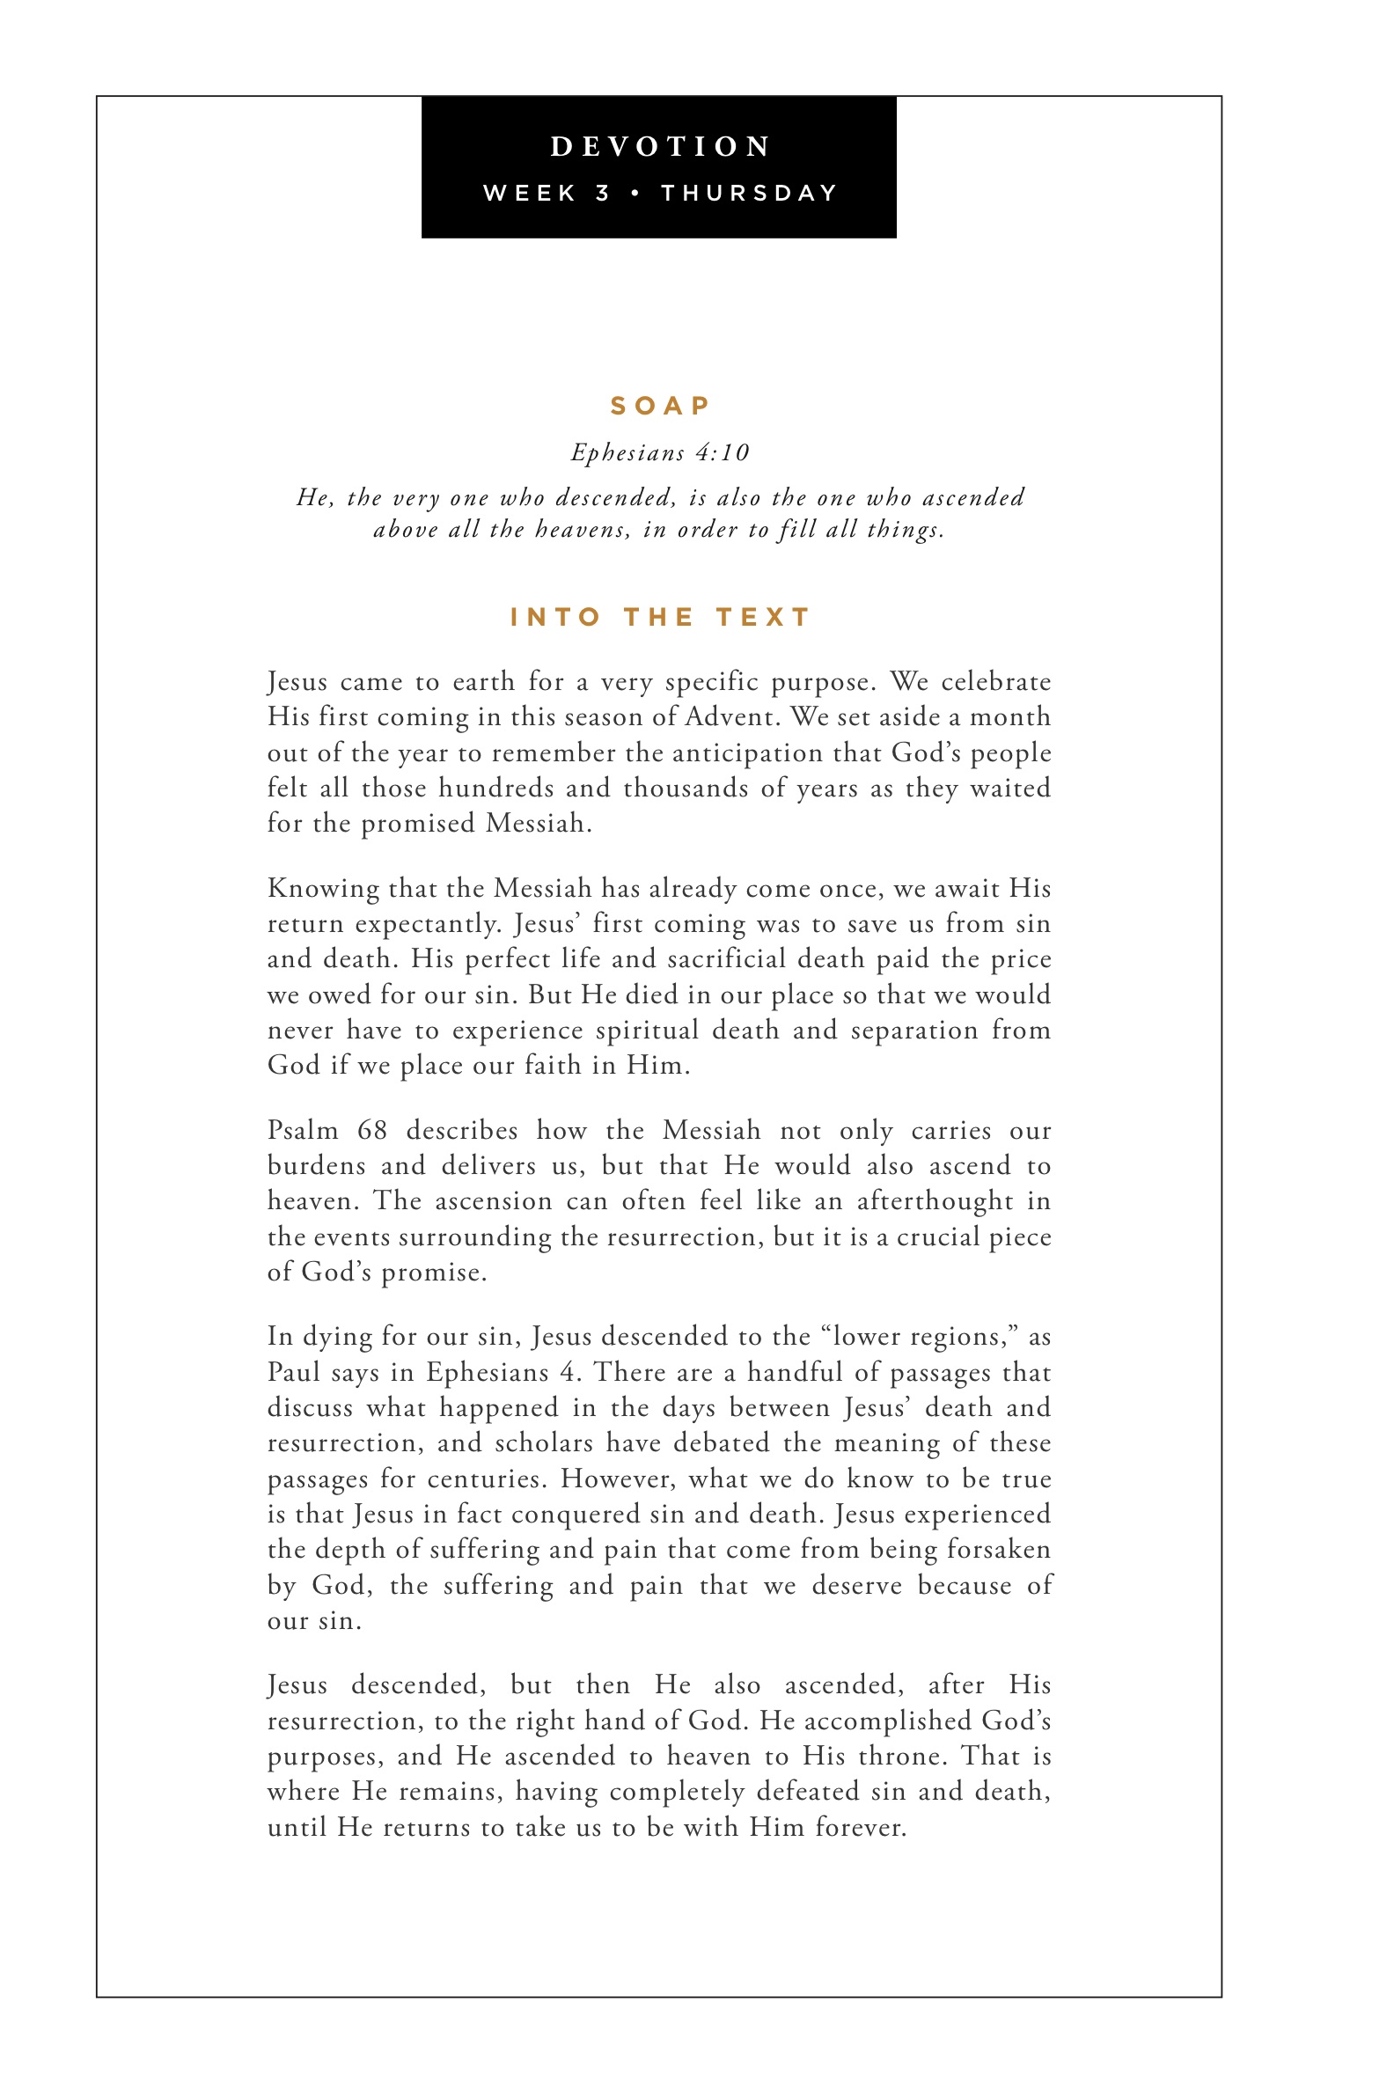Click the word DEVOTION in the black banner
[660, 147]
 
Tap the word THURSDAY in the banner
[750, 194]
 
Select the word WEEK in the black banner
[530, 194]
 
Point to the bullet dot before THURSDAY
[635, 194]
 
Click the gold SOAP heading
[660, 407]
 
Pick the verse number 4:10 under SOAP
[723, 453]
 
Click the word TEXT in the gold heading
[763, 617]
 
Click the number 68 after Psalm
[372, 1131]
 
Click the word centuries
[487, 1479]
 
